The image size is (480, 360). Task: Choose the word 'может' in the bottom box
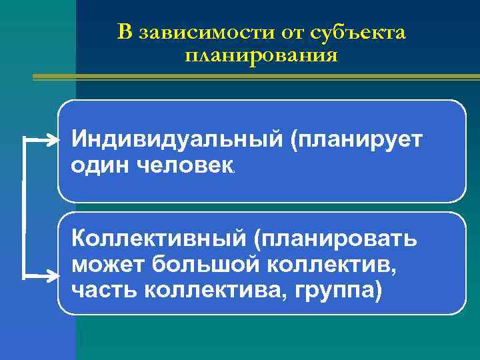107,265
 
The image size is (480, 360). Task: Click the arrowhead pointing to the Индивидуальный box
53,140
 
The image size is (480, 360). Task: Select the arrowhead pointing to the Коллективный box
53,275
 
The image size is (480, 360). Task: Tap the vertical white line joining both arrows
25,207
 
